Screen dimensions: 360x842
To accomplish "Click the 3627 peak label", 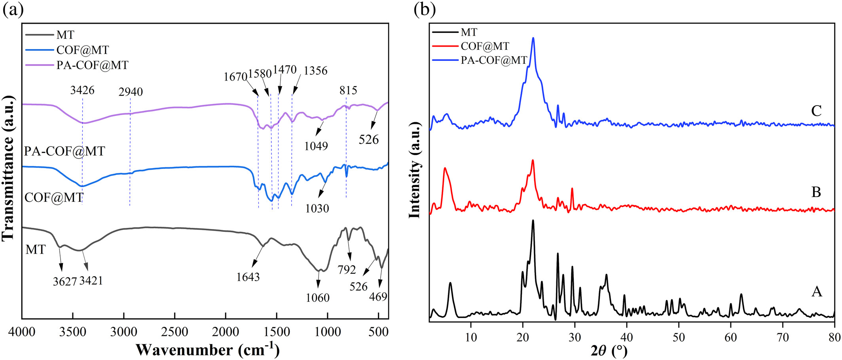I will [x=64, y=281].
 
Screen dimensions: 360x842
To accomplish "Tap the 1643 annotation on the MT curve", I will [x=248, y=277].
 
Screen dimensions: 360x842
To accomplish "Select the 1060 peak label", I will [x=317, y=297].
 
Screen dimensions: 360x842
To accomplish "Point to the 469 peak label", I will [x=378, y=296].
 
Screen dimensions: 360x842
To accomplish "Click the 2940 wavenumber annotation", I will [x=131, y=92].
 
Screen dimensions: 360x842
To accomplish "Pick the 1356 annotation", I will [x=315, y=71].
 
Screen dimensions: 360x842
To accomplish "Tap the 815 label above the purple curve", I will [x=348, y=90].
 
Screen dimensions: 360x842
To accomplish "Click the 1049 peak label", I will [x=316, y=146].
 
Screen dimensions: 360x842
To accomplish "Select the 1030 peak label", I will [x=317, y=208].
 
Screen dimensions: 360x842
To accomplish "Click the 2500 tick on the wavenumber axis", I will [x=174, y=332].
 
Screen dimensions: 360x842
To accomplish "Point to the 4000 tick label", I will [x=22, y=332].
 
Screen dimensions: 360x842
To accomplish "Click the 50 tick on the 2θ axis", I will [x=679, y=337].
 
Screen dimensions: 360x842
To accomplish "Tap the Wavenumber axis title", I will [x=208, y=350].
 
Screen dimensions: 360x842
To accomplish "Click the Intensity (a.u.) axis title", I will [x=414, y=170].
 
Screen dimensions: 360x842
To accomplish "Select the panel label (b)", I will [x=425, y=9].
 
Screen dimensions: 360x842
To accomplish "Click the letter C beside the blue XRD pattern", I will [x=816, y=111].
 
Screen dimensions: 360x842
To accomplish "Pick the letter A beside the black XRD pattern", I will [x=817, y=292].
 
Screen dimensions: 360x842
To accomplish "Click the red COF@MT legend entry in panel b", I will [x=485, y=46].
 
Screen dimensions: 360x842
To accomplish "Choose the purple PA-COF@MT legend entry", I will [x=92, y=65].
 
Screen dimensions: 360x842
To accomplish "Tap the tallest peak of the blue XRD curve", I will [x=533, y=38].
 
